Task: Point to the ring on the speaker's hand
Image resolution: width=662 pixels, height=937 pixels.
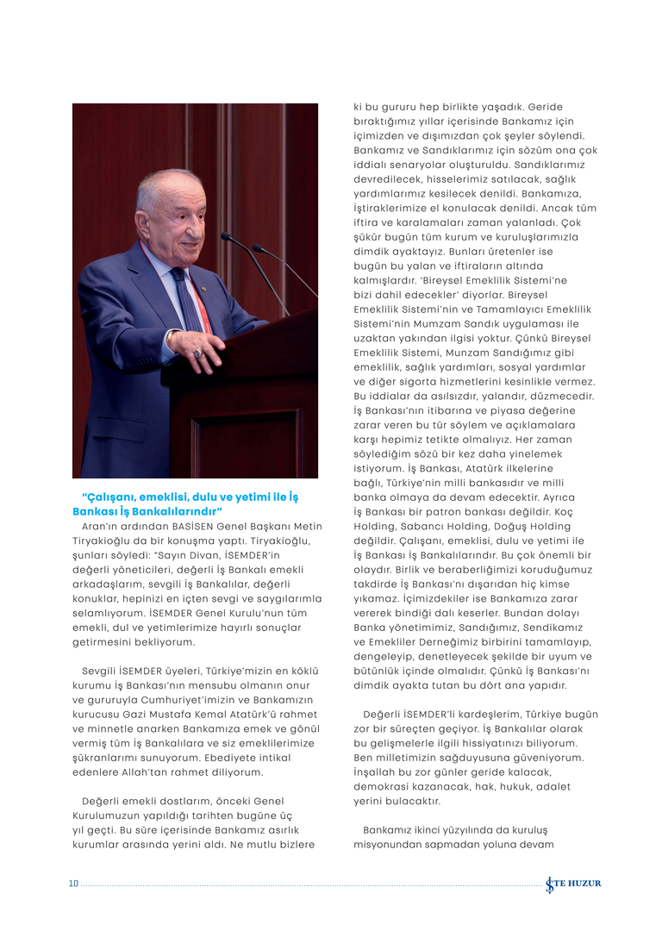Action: [x=197, y=353]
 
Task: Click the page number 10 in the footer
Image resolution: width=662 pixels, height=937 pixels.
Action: [x=73, y=884]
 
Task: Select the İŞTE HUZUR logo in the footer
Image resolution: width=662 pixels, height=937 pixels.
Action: [x=573, y=884]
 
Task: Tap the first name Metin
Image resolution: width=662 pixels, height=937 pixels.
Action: [x=308, y=527]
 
